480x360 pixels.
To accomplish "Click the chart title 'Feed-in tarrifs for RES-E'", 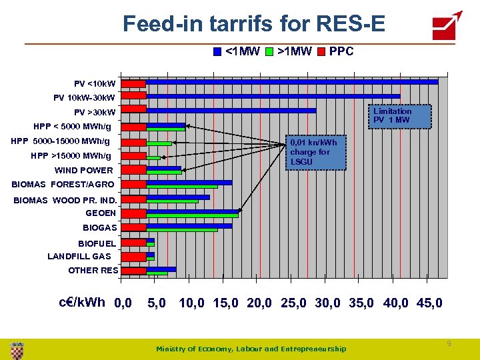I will coord(254,24).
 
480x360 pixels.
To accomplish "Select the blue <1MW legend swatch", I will coord(217,51).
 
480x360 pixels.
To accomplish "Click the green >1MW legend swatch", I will coord(269,51).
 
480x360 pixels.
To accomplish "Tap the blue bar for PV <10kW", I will coord(292,81).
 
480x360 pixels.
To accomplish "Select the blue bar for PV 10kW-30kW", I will coord(273,96).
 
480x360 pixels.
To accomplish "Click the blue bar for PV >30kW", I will coord(231,110).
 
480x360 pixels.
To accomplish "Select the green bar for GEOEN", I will coord(192,215).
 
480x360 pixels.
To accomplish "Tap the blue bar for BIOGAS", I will coord(189,225).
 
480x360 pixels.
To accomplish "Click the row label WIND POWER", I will coord(84,170).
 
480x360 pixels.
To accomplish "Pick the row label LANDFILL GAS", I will coord(79,256).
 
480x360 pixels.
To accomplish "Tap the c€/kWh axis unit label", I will coord(82,302).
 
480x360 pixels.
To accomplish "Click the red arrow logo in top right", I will coord(447,25).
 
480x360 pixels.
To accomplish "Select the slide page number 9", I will coord(449,343).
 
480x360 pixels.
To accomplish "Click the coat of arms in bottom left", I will coord(17,349).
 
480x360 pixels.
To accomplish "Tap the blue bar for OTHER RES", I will coord(161,269).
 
